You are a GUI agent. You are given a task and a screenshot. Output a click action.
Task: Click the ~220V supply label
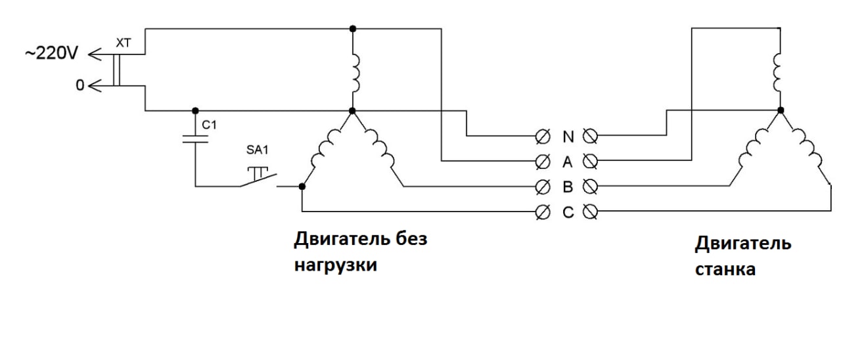click(51, 53)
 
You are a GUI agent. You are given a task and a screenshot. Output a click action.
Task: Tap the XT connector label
click(123, 43)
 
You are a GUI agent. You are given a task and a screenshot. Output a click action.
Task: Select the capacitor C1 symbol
click(195, 139)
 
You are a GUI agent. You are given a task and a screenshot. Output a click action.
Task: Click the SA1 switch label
click(257, 150)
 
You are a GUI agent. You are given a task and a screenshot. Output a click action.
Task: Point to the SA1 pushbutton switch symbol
click(258, 177)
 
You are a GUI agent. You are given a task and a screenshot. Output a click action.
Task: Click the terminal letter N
click(568, 137)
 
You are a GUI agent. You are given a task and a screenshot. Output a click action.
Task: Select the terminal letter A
click(567, 162)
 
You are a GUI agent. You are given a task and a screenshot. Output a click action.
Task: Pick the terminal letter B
click(568, 187)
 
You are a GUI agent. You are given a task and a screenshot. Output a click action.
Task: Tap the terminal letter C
click(568, 212)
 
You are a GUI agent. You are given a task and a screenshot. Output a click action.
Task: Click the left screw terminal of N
click(543, 137)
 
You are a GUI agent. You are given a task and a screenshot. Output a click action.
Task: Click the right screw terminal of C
click(590, 212)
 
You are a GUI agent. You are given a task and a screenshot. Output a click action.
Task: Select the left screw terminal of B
click(543, 187)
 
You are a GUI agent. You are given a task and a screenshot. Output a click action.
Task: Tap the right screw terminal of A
click(590, 162)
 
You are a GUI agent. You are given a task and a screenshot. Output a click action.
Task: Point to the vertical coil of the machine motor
click(777, 73)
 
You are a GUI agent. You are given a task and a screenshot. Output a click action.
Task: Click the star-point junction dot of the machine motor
click(781, 110)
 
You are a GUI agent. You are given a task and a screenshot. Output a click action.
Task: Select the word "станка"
click(725, 270)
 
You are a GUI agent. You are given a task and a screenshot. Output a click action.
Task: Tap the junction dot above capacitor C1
click(195, 111)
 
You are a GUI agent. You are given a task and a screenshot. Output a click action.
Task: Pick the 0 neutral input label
click(80, 85)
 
